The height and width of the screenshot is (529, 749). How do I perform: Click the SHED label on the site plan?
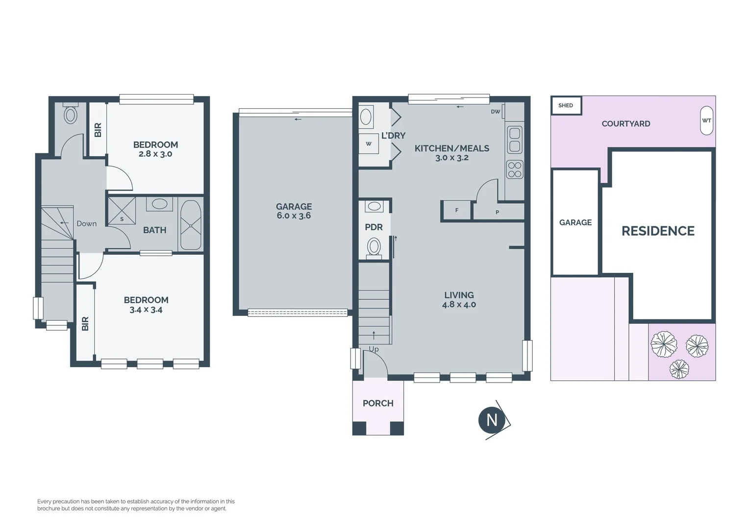point(566,105)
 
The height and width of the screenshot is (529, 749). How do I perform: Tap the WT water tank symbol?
point(706,120)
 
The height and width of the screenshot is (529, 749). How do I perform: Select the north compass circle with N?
point(491,420)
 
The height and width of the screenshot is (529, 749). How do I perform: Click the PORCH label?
point(378,403)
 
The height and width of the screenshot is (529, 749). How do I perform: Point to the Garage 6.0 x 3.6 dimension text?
point(294,216)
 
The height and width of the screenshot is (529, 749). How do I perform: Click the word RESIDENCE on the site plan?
point(658,231)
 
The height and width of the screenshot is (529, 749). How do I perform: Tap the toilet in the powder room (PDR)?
point(374,248)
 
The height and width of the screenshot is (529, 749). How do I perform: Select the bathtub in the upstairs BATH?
point(191,225)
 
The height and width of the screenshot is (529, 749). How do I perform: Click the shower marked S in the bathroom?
point(122,211)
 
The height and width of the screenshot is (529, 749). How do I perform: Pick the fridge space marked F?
point(456,210)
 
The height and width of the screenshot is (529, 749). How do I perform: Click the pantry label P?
point(497,212)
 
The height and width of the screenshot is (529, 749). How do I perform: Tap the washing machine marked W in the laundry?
point(369,144)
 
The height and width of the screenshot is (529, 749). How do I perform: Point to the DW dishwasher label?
point(495,112)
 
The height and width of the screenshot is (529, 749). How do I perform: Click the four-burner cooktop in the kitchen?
point(515,170)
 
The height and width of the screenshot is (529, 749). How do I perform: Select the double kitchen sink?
point(515,140)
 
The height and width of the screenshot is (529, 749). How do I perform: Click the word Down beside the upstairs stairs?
point(87,223)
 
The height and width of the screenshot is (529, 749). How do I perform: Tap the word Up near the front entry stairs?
point(374,349)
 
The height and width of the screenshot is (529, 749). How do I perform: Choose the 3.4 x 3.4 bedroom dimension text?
point(146,310)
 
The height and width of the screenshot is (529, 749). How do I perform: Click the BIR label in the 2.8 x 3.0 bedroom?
point(98,130)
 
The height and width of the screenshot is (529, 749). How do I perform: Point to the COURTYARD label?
point(625,123)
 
